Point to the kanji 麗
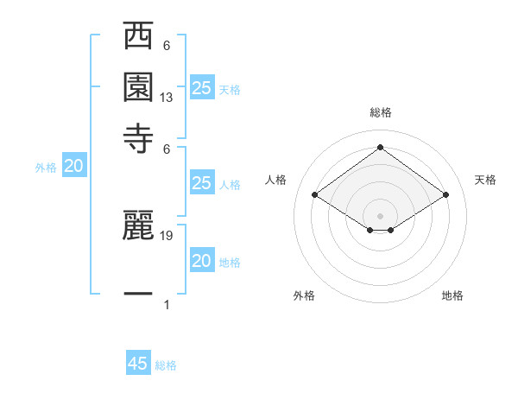[x=138, y=225]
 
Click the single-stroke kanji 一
[x=138, y=295]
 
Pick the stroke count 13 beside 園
[x=167, y=98]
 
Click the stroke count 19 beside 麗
[x=167, y=235]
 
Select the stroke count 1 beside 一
[x=167, y=304]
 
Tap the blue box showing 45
[x=138, y=364]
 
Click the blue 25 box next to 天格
[x=201, y=88]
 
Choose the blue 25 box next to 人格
[x=201, y=183]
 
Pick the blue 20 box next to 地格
[x=201, y=261]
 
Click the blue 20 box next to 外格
[x=73, y=167]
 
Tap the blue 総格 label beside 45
[x=166, y=365]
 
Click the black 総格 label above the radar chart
[x=381, y=112]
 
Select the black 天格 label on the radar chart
[x=485, y=180]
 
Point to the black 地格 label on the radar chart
[x=452, y=295]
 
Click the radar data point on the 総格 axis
[x=381, y=147]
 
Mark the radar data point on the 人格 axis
[x=315, y=195]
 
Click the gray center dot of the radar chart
[x=381, y=214]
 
